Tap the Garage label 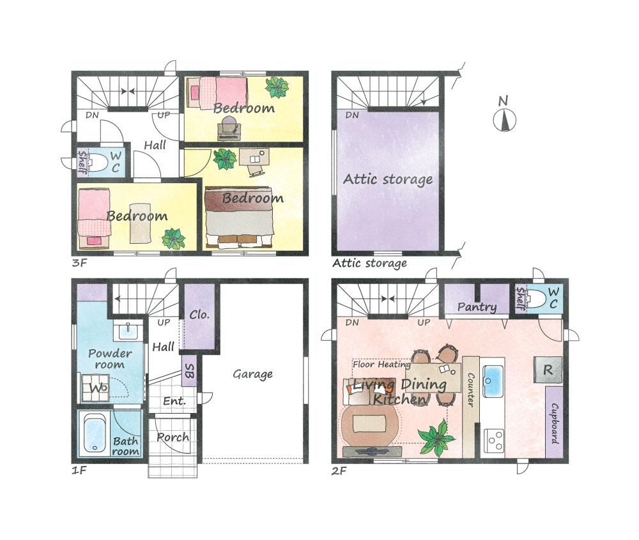[x=252, y=374]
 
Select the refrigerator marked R [x=548, y=370]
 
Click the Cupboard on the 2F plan [x=554, y=423]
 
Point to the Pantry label [x=477, y=307]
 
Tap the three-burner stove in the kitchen [x=495, y=440]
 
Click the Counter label [x=470, y=390]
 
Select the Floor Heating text [x=382, y=364]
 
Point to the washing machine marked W [x=95, y=388]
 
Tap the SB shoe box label [x=190, y=371]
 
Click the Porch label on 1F [x=173, y=437]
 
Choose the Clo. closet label [x=199, y=315]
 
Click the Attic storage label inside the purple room [x=388, y=179]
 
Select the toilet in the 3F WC [x=96, y=162]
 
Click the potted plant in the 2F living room [x=436, y=437]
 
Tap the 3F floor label [x=79, y=263]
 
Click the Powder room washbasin [x=128, y=331]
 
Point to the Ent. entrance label [x=174, y=401]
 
